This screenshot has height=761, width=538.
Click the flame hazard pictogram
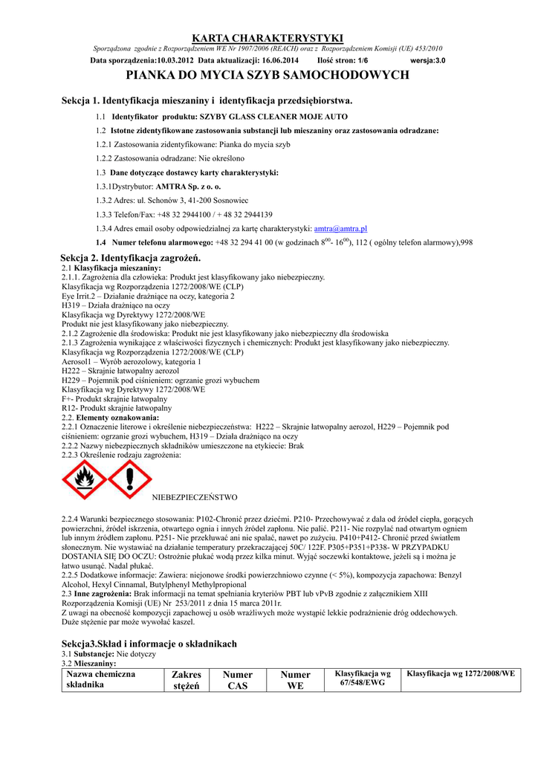84,479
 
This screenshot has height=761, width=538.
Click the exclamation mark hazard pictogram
130,479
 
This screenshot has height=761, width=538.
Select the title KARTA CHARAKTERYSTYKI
268,38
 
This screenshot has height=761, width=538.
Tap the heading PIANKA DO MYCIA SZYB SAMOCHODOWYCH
268,75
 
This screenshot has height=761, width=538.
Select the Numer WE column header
295,680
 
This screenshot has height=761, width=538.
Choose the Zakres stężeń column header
187,680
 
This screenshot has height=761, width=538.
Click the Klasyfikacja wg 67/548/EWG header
363,678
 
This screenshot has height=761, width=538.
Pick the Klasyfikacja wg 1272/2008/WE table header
460,673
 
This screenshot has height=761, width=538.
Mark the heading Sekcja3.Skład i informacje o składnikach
149,644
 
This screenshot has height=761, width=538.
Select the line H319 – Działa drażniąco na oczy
116,305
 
